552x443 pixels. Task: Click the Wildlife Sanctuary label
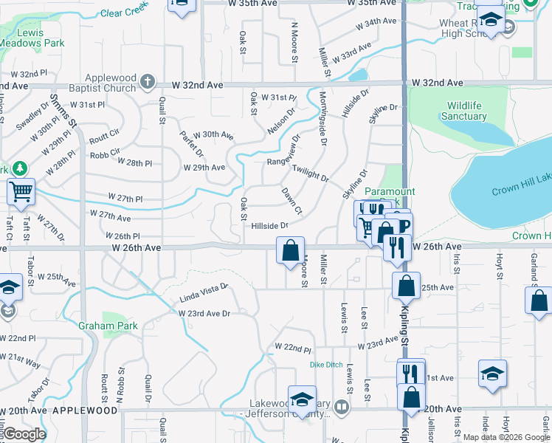click(463, 111)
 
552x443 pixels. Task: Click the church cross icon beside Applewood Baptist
click(148, 80)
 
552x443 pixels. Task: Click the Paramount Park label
click(390, 191)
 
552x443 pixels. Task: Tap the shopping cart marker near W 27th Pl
click(21, 192)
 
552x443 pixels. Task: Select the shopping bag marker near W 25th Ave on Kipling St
click(406, 285)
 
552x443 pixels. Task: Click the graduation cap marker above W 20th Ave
click(301, 399)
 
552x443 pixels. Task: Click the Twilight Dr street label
click(310, 174)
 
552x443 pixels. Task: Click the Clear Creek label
click(124, 12)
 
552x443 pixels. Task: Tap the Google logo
click(24, 434)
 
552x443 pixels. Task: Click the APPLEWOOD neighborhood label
click(86, 410)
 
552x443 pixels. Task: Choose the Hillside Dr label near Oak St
click(269, 226)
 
